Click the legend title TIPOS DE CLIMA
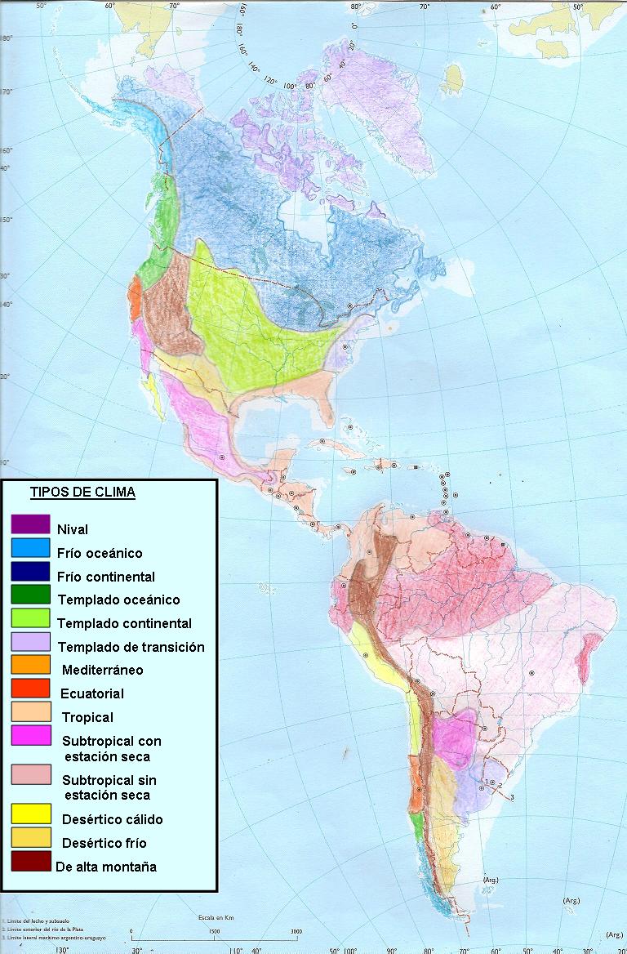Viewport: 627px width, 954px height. (x=82, y=493)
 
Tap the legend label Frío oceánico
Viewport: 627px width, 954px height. (x=100, y=553)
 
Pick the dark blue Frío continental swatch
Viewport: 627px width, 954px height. (x=31, y=575)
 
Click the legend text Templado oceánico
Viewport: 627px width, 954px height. (x=118, y=600)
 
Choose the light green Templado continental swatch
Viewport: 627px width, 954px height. (x=31, y=622)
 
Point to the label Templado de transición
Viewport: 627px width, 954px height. (x=131, y=647)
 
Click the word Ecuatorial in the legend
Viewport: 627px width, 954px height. (x=92, y=693)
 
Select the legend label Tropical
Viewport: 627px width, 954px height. (x=87, y=717)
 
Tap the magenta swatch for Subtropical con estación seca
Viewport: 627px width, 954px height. (x=31, y=737)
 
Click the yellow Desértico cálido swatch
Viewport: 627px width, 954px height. (x=31, y=814)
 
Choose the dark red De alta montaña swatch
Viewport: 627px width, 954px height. (x=31, y=862)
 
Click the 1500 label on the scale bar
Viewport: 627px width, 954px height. (x=214, y=931)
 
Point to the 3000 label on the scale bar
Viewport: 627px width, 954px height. (x=296, y=931)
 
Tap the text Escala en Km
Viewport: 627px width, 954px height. (x=216, y=917)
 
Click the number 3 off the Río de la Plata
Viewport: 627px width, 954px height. (x=512, y=796)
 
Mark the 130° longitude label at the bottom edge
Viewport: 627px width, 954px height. (x=61, y=949)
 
